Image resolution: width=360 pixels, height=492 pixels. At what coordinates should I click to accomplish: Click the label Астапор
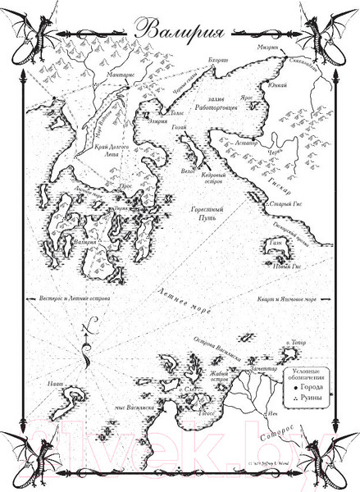point(250,141)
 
